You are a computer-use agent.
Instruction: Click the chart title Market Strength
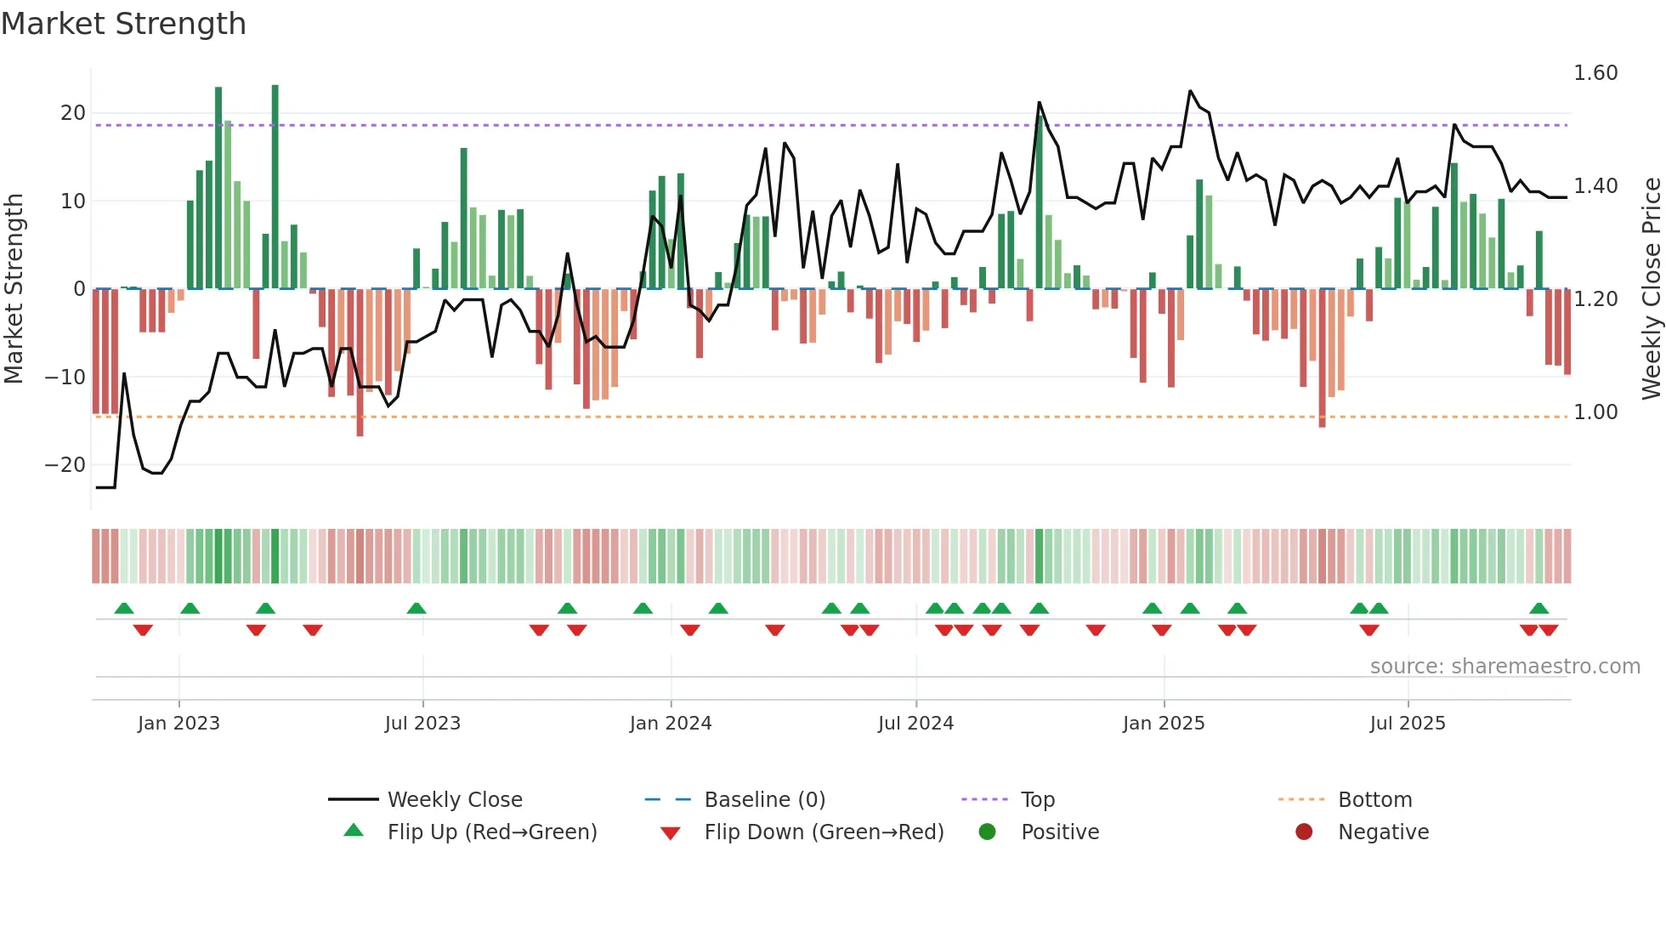(x=123, y=24)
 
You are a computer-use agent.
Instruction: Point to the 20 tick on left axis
(x=73, y=113)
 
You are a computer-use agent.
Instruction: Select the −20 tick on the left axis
(x=65, y=465)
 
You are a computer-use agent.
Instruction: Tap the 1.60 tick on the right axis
(x=1595, y=73)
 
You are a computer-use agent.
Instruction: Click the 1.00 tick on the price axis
(x=1595, y=412)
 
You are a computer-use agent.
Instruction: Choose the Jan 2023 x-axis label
(x=178, y=724)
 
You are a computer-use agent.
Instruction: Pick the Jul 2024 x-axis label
(x=915, y=724)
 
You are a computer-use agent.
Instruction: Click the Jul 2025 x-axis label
(x=1408, y=724)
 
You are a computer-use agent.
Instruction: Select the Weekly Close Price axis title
(x=1651, y=289)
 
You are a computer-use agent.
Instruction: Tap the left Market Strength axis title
(x=14, y=289)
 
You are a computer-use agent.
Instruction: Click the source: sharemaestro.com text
(x=1504, y=667)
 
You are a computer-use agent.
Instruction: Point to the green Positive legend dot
(x=987, y=832)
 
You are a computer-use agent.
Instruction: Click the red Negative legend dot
(x=1304, y=832)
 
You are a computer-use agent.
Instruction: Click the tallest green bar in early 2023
(x=275, y=187)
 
